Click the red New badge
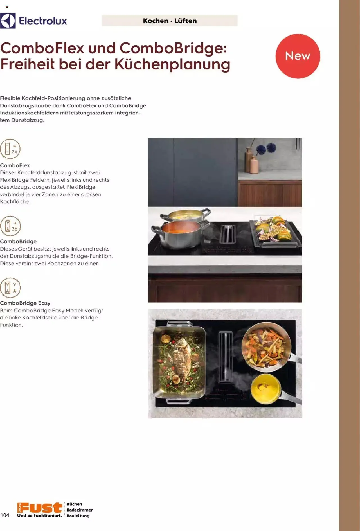[x=298, y=56]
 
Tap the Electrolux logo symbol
[x=8, y=21]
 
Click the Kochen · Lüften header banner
[x=170, y=21]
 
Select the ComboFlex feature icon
[x=10, y=149]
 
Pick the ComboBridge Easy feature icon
[x=10, y=288]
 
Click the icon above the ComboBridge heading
[x=10, y=226]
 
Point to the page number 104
[x=5, y=515]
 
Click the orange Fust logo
[x=39, y=508]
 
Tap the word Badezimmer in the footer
[x=80, y=510]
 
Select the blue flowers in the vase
[x=266, y=148]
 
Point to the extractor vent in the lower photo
[x=225, y=356]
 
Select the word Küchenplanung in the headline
[x=172, y=64]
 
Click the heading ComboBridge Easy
[x=25, y=303]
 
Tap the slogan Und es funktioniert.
[x=39, y=516]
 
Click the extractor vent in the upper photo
[x=228, y=234]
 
